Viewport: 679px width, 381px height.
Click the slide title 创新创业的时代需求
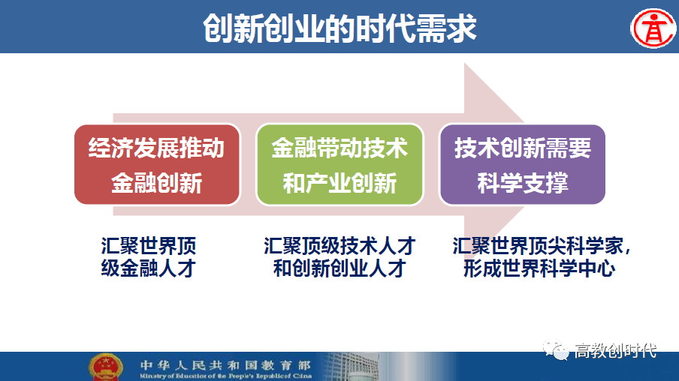pyautogui.click(x=339, y=28)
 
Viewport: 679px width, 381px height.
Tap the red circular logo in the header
pyautogui.click(x=653, y=28)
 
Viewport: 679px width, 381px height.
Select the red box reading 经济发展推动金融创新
pyautogui.click(x=157, y=164)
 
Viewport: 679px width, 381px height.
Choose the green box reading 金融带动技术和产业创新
pyautogui.click(x=339, y=164)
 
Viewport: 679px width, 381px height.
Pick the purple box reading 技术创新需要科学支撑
pyautogui.click(x=522, y=164)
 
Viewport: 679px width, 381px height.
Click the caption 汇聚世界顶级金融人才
pyautogui.click(x=149, y=257)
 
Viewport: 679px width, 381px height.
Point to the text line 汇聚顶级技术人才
pyautogui.click(x=339, y=246)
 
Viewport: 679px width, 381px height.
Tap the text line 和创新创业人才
pyautogui.click(x=339, y=268)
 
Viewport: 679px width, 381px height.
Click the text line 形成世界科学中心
pyautogui.click(x=539, y=268)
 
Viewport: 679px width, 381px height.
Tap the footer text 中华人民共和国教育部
pyautogui.click(x=225, y=365)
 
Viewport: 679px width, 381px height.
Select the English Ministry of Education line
pyautogui.click(x=225, y=376)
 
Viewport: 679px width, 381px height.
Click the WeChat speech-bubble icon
pyautogui.click(x=556, y=350)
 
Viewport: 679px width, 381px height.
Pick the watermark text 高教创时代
pyautogui.click(x=615, y=351)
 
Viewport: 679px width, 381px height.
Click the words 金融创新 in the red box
pyautogui.click(x=157, y=183)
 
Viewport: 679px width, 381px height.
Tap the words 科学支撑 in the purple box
pyautogui.click(x=523, y=183)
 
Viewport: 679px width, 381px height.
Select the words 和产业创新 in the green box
pyautogui.click(x=339, y=183)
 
